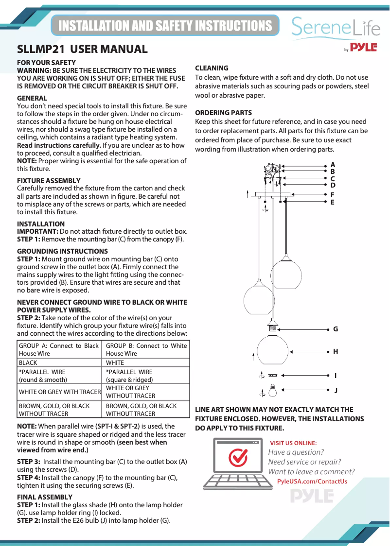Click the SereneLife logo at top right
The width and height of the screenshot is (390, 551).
[x=336, y=28]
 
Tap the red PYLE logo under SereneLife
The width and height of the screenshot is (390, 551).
[x=363, y=48]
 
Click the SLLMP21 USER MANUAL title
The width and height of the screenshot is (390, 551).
[x=82, y=49]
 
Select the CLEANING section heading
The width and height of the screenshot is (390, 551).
[x=212, y=68]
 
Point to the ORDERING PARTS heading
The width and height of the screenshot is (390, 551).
[x=223, y=113]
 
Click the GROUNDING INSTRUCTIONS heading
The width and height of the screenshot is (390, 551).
[x=62, y=251]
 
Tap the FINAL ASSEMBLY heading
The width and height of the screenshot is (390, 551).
[x=45, y=497]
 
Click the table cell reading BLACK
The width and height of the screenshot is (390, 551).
[x=28, y=363]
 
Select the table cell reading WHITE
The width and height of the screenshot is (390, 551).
[x=115, y=363]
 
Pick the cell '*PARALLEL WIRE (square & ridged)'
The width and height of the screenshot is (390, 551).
[x=129, y=376]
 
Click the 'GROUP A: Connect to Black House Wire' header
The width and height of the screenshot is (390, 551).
[x=58, y=349]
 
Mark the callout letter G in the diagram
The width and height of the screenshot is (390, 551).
[x=336, y=329]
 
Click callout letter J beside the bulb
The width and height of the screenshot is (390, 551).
[x=336, y=390]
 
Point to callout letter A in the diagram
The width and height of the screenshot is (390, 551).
[x=333, y=165]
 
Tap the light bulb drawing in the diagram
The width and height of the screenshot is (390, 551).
[x=273, y=390]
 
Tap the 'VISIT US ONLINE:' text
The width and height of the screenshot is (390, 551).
[x=293, y=443]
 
